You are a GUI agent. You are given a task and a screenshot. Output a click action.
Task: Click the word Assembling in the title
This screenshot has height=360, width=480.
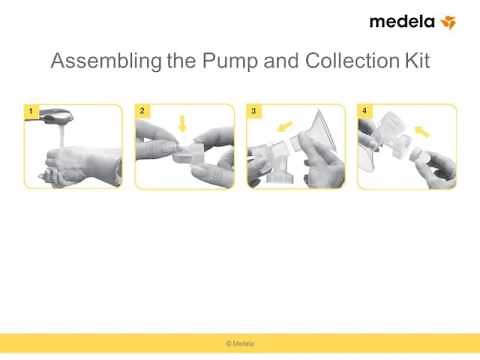tap(106, 61)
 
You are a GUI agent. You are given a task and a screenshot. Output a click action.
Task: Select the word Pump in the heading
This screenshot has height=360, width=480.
tap(230, 61)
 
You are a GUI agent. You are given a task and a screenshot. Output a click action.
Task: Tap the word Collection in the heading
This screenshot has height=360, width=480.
tap(352, 61)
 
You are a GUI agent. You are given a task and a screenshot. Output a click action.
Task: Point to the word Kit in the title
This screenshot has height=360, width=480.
tap(417, 61)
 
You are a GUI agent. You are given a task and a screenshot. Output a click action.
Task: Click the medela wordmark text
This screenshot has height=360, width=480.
tap(402, 22)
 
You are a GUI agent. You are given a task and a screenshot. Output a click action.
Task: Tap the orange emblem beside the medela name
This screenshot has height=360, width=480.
tap(448, 22)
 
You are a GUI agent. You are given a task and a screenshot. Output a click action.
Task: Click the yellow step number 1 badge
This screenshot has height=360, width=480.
tap(31, 111)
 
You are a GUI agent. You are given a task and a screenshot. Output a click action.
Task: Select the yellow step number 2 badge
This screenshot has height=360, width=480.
tap(142, 111)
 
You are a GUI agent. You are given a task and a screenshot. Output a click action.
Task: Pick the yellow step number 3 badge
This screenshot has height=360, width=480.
tap(254, 111)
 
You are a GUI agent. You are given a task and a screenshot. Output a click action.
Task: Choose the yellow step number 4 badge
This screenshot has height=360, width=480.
tap(365, 111)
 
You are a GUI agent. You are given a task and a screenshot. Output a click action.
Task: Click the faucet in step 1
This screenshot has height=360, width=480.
tap(56, 116)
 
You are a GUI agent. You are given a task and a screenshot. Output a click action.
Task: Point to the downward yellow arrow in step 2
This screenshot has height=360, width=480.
tap(182, 123)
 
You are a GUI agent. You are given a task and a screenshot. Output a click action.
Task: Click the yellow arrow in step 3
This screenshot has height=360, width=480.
tap(284, 126)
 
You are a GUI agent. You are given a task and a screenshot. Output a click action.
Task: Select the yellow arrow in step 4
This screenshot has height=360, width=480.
tap(422, 131)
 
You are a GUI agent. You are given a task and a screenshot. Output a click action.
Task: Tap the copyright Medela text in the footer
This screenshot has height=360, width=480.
tap(240, 343)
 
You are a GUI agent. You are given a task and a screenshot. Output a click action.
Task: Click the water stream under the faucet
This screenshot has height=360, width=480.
tap(61, 135)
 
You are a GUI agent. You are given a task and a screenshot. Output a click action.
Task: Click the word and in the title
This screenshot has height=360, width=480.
tap(281, 61)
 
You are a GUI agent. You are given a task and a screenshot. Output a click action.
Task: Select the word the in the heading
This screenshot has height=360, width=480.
tap(181, 61)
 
